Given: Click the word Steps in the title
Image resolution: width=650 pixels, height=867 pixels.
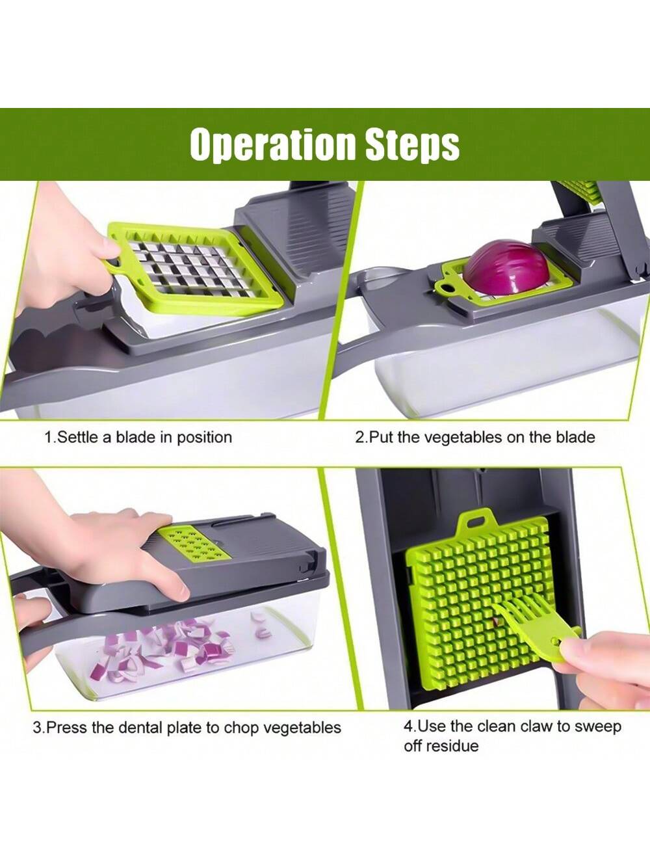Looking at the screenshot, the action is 412,144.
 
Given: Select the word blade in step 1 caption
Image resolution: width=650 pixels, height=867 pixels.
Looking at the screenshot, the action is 135,437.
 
